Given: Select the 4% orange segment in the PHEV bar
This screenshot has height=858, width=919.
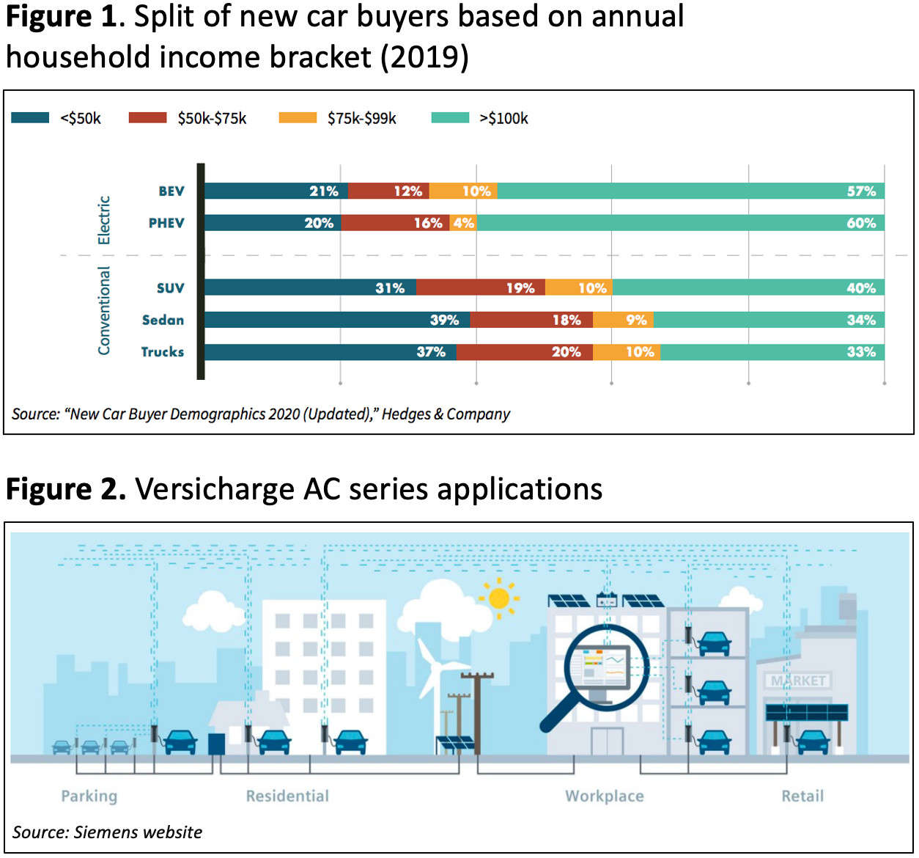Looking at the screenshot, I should (x=463, y=223).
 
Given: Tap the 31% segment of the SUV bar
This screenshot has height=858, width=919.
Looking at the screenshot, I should (x=310, y=288).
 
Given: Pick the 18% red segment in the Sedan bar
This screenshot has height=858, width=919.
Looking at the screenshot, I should (x=531, y=320).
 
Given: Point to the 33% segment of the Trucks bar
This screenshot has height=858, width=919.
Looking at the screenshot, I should (x=772, y=352).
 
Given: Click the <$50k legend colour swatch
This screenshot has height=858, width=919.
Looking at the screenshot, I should (x=30, y=118).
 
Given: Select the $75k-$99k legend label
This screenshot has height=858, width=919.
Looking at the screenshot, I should (x=361, y=119).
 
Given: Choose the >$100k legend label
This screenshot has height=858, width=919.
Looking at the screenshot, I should (x=503, y=119).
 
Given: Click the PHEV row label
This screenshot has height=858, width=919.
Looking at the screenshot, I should (x=166, y=223).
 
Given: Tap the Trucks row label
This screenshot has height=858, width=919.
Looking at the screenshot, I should (x=162, y=352).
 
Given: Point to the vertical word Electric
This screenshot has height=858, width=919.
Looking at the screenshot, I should (x=104, y=220).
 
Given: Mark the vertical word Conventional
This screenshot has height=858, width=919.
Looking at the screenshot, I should (x=104, y=311).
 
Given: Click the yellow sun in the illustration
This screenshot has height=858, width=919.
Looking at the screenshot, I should (x=499, y=598).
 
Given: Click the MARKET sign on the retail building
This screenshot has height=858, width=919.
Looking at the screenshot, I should (x=798, y=681).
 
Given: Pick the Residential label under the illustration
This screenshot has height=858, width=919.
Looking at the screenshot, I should (x=287, y=796).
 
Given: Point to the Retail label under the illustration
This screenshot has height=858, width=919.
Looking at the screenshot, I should (x=802, y=796).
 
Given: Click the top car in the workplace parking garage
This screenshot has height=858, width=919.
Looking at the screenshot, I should (x=714, y=643).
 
